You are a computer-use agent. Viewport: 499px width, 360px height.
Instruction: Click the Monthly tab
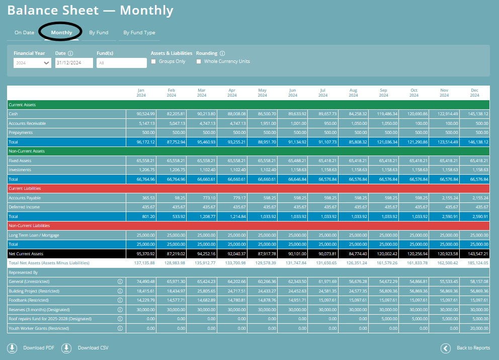(61, 33)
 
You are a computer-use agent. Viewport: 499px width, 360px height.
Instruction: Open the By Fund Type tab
(139, 33)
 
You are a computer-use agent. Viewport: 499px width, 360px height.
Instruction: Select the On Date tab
(24, 33)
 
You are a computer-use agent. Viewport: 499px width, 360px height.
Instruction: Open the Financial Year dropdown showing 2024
(32, 63)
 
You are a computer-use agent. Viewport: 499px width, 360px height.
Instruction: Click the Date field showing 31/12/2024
(74, 63)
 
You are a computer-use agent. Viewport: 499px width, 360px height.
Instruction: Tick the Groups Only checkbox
(154, 61)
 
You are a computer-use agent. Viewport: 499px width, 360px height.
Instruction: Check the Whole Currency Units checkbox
(199, 61)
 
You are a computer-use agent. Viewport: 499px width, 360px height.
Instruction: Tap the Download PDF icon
(12, 348)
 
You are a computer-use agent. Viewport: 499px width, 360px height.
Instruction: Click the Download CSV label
(93, 348)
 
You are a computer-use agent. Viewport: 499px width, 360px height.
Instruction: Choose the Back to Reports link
(473, 348)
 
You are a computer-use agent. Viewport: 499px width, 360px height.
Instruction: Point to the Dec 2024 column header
(474, 93)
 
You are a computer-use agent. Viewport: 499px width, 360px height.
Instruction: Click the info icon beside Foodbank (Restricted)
(120, 300)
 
